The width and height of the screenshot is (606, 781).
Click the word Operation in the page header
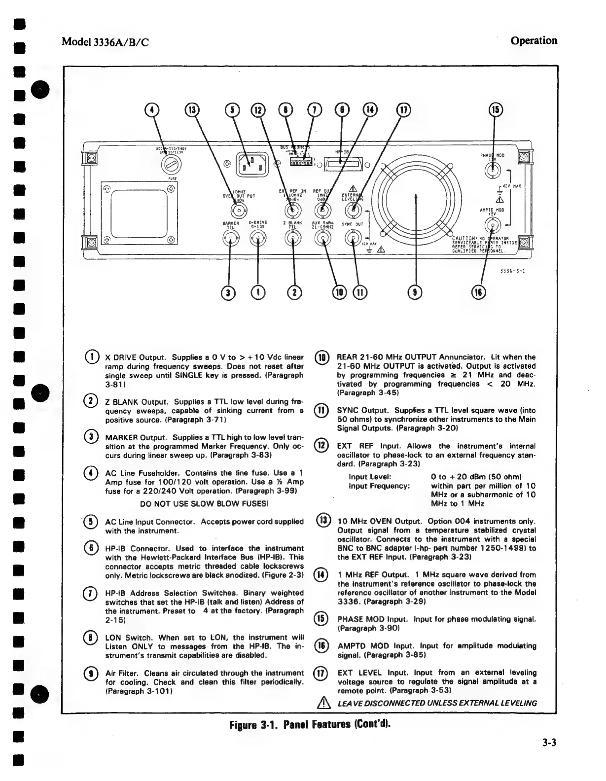(534, 40)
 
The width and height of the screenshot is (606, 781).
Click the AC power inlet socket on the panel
(252, 163)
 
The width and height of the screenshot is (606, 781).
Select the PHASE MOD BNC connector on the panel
(492, 171)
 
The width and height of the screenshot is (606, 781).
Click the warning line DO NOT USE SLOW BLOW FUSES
(204, 504)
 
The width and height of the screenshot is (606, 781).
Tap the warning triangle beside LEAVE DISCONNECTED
(323, 703)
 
